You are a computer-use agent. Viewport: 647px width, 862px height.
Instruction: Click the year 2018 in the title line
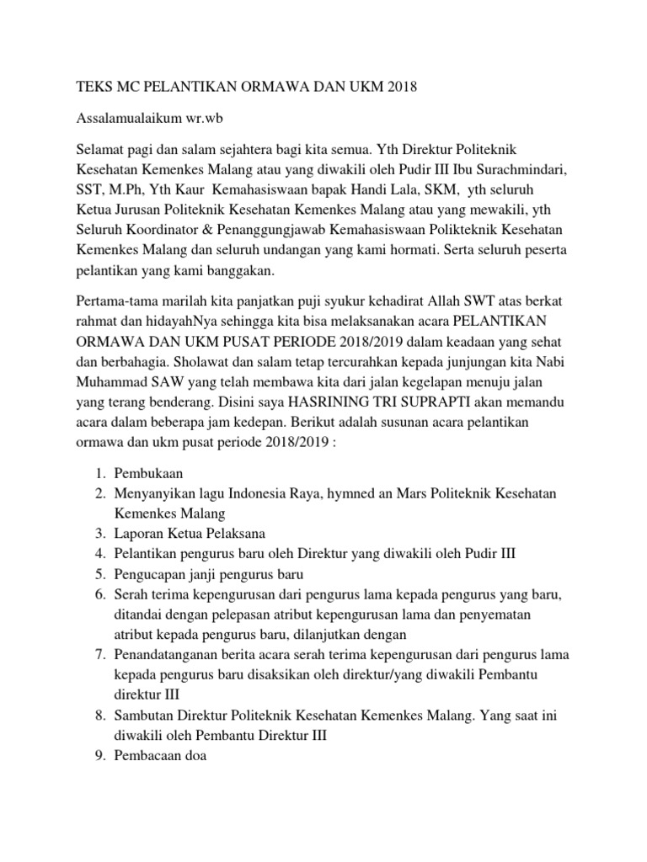(400, 87)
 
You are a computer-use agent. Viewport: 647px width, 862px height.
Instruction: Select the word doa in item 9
(194, 755)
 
